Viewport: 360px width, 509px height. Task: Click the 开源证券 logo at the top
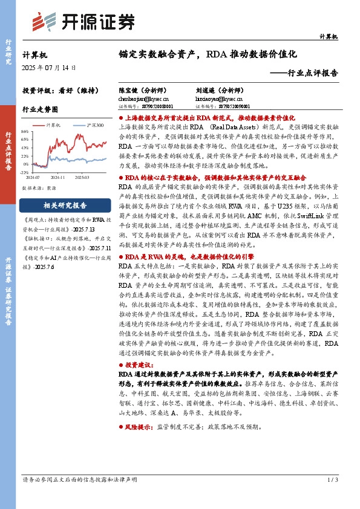[x=84, y=22]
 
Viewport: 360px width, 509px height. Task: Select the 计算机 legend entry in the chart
[x=53, y=125]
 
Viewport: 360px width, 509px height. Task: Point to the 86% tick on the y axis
[x=24, y=131]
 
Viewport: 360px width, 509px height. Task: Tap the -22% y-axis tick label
[x=24, y=172]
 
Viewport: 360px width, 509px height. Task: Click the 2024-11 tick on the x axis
[x=57, y=178]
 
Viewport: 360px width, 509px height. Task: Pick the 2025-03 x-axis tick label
[x=82, y=178]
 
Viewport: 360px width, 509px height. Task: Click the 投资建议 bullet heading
[x=140, y=366]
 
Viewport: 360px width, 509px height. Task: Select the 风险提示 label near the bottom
[x=140, y=426]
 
